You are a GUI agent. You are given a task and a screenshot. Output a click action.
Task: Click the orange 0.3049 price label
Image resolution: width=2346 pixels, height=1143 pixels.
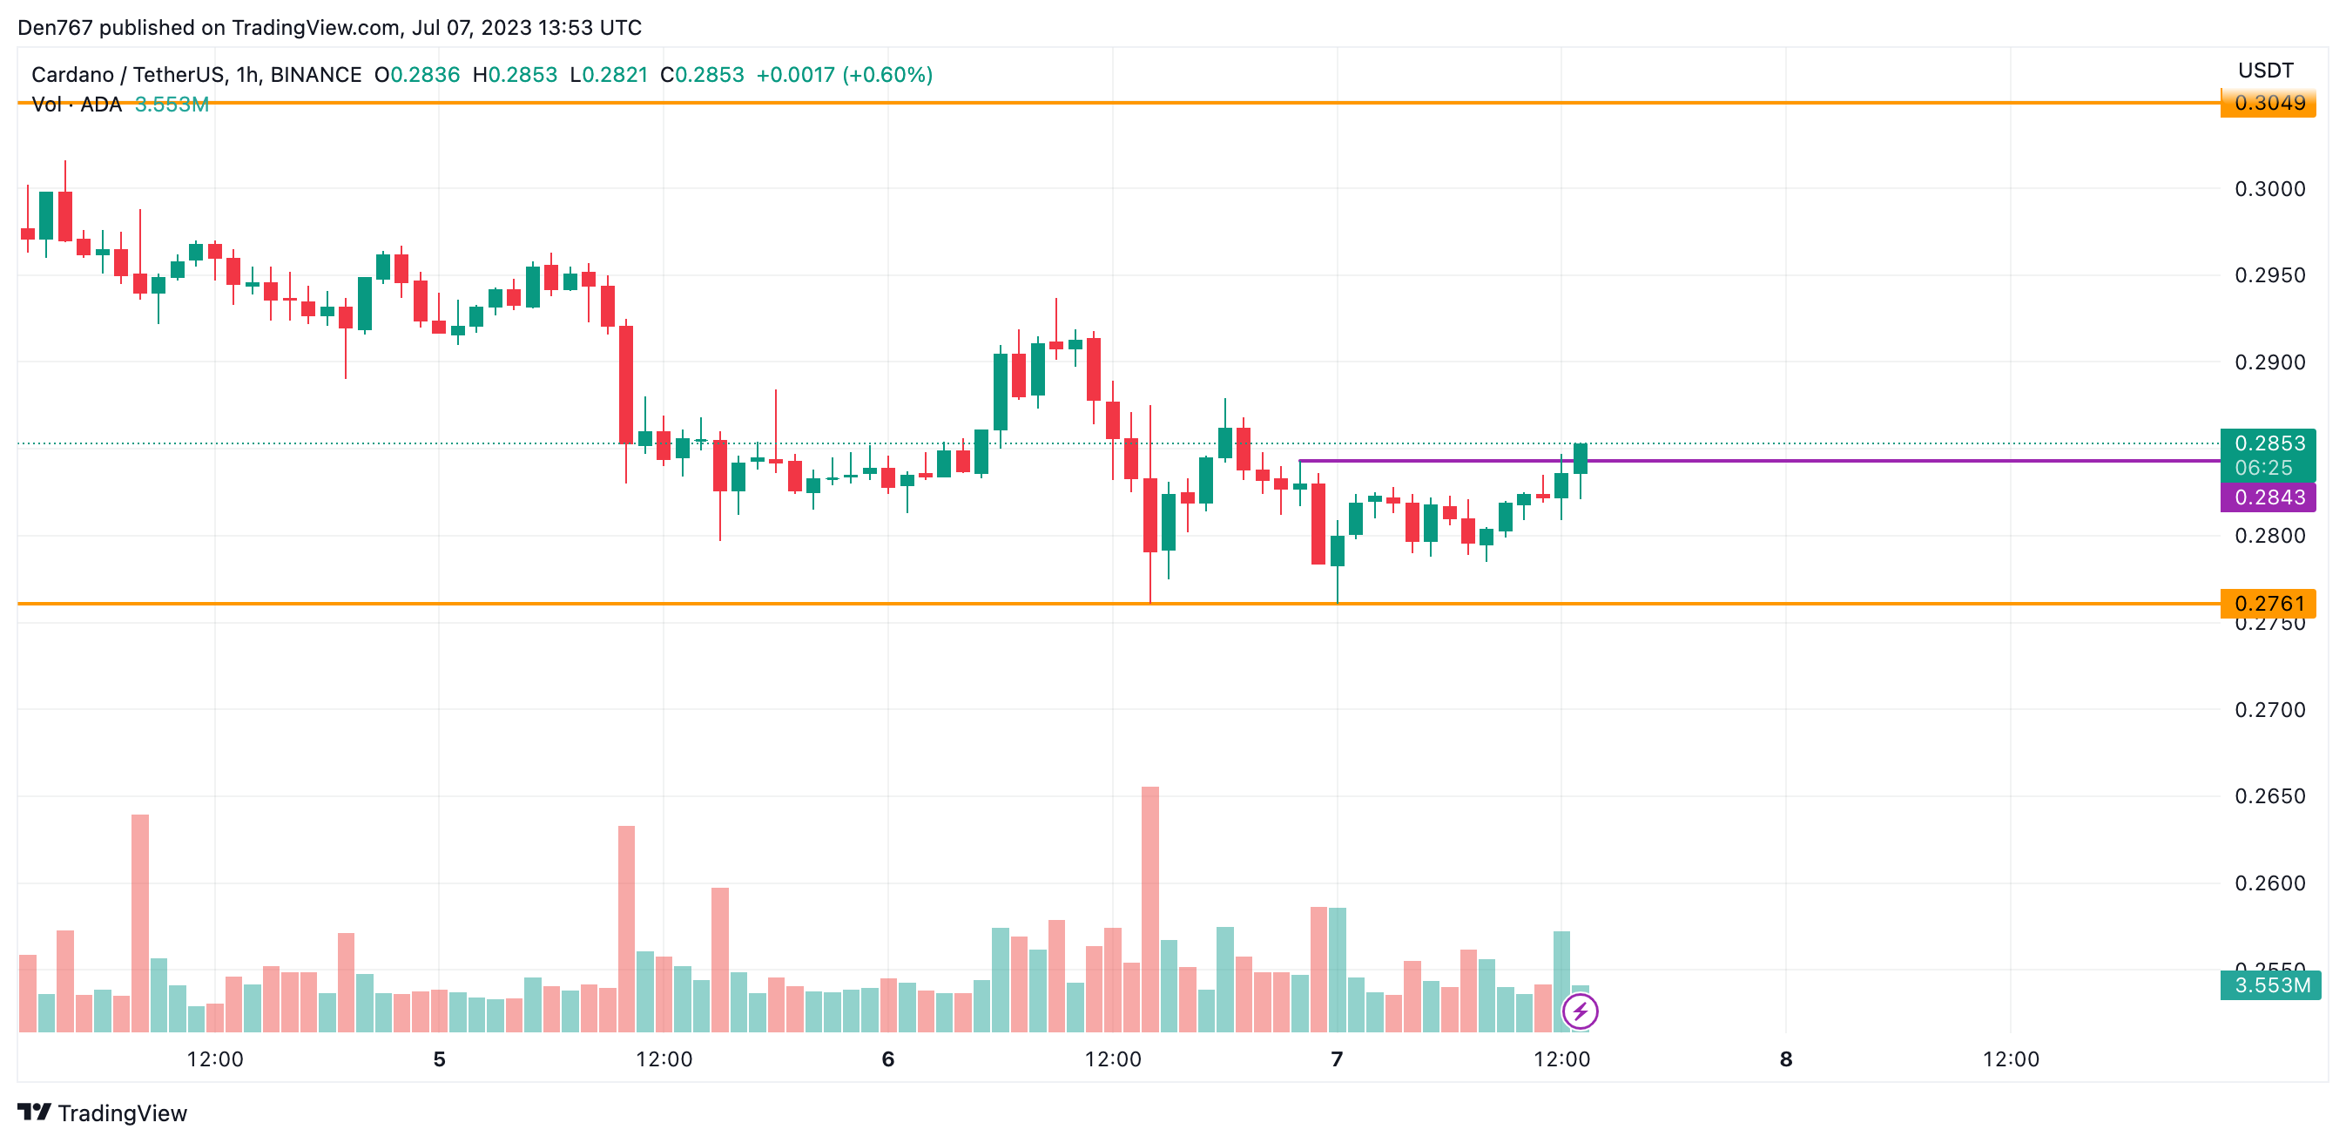[2268, 103]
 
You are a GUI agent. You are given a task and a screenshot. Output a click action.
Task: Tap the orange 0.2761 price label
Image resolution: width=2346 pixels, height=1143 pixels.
[2268, 603]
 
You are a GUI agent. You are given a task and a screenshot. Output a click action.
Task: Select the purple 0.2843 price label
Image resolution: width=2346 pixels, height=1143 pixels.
[2268, 497]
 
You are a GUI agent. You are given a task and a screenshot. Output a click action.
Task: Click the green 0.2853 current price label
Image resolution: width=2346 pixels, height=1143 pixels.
[2268, 443]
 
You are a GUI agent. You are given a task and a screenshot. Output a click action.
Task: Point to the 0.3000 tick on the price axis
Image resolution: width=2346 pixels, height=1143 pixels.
[2269, 188]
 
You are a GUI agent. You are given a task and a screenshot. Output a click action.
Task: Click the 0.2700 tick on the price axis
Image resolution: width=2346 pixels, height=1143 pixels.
[2269, 709]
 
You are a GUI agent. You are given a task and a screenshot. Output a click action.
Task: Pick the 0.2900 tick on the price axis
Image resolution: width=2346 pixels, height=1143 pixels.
[2269, 362]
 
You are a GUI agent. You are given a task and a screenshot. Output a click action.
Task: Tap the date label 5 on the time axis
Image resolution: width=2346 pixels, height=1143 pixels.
[439, 1059]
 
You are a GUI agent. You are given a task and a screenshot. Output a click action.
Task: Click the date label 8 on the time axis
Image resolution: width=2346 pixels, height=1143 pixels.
[1786, 1059]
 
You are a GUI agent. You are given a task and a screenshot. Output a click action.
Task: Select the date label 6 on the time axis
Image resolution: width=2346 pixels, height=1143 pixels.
[888, 1059]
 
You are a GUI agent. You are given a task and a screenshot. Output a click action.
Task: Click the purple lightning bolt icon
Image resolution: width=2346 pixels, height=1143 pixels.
[1580, 1011]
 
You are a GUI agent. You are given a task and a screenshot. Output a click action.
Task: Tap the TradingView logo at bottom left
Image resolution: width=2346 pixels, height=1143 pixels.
[102, 1113]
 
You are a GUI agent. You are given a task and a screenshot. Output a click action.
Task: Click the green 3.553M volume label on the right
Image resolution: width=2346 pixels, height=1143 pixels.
[2270, 985]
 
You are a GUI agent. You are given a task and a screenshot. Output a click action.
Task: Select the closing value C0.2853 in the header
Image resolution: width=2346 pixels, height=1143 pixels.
[702, 75]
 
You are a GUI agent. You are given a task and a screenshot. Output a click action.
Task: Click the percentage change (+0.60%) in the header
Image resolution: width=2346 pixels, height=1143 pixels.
[888, 75]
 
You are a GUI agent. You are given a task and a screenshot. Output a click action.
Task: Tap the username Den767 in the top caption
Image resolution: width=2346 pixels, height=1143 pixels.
[55, 27]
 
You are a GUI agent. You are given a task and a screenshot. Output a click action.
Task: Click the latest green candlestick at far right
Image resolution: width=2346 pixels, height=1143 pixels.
[1580, 459]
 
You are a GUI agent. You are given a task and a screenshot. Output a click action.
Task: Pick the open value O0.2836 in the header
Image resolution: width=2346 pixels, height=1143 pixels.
[417, 75]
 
